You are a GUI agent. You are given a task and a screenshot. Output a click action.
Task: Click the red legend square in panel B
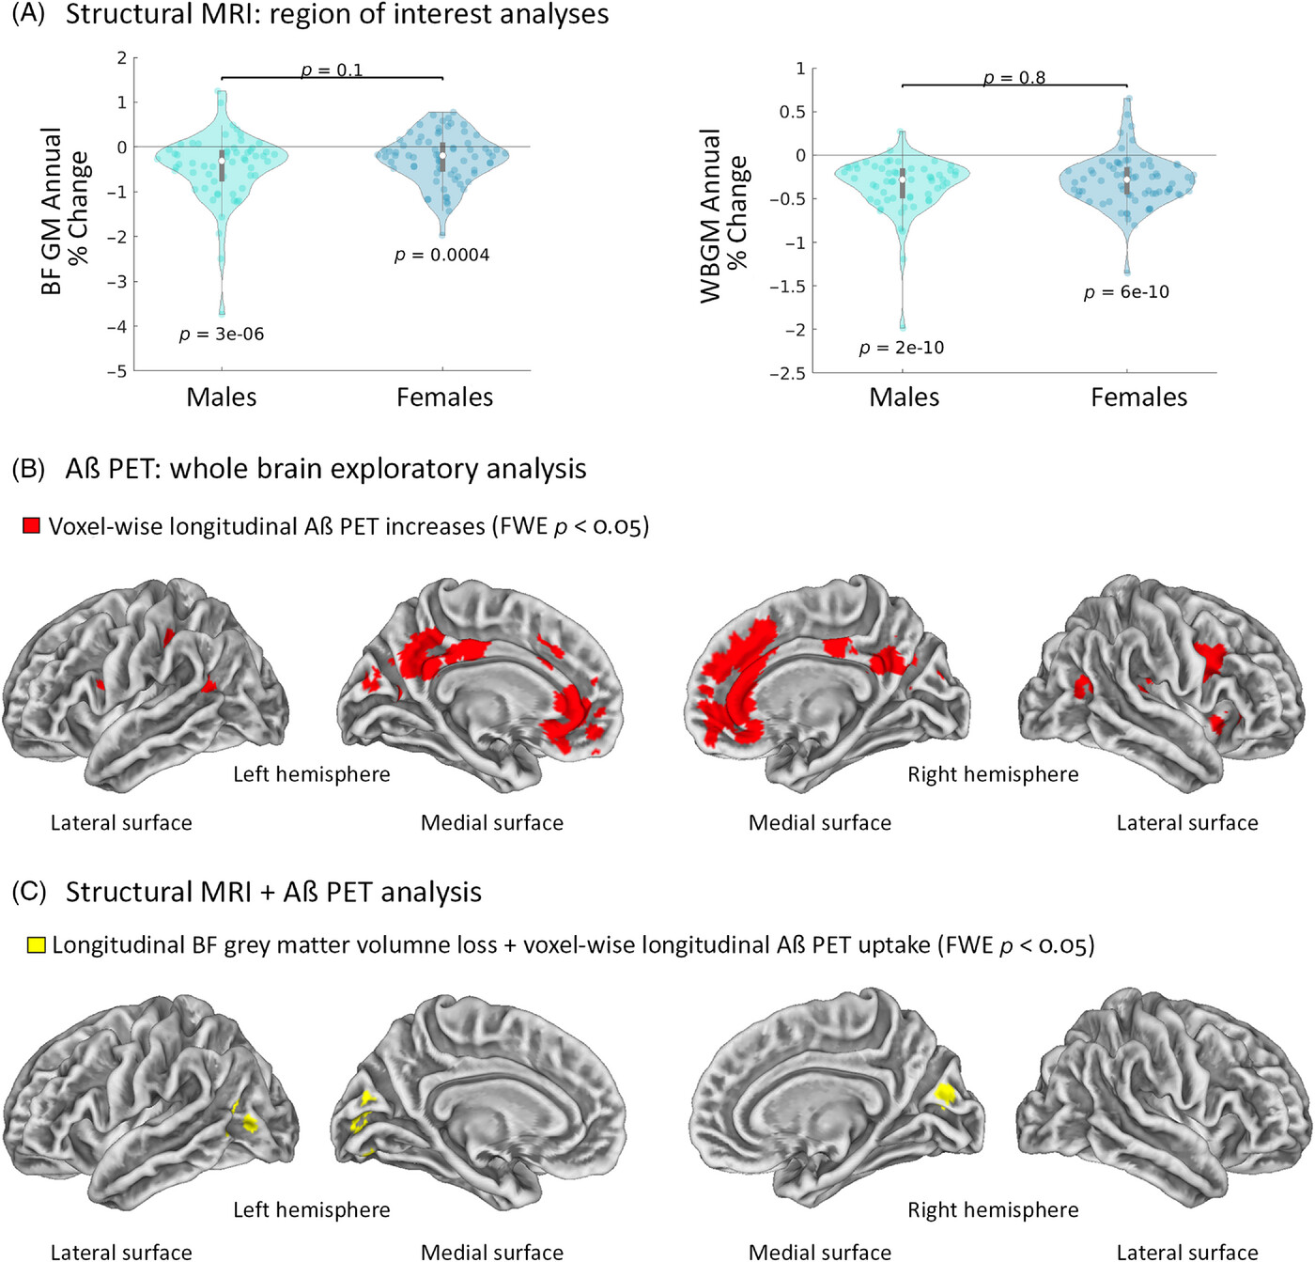tap(32, 526)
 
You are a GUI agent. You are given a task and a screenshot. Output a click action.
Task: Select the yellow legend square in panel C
tap(36, 945)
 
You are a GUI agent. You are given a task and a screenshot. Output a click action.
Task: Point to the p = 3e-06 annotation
tap(222, 335)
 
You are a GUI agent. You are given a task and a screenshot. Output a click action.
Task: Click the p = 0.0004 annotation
tap(441, 256)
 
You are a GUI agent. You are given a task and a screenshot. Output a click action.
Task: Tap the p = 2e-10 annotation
tap(902, 349)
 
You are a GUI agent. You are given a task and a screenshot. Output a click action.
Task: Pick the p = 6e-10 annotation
tap(1126, 292)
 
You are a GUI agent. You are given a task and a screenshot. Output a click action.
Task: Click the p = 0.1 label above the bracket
tap(332, 70)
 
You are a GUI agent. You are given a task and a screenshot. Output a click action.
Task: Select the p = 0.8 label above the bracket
tap(1014, 78)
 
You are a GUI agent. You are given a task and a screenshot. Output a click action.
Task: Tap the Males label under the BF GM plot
tap(222, 397)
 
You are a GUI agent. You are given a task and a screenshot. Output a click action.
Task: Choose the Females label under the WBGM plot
tap(1138, 397)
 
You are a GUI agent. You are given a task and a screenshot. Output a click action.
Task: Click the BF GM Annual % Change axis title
tap(65, 211)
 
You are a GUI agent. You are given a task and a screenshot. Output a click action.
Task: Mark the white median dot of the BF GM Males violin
tap(222, 162)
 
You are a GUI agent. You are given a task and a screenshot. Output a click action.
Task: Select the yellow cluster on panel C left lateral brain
tap(248, 1122)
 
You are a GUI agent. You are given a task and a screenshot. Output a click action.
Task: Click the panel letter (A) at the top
tap(28, 14)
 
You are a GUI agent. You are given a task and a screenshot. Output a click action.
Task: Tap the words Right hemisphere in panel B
tap(993, 774)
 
